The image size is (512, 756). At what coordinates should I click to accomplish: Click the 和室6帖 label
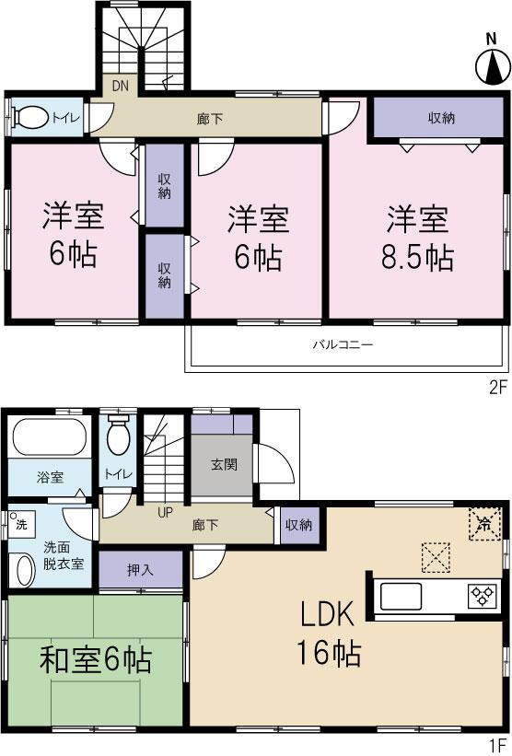[95, 659]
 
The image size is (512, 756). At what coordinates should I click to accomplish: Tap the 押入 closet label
[141, 570]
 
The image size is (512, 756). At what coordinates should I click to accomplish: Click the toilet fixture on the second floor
[32, 118]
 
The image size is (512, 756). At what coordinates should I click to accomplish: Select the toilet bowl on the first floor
[117, 438]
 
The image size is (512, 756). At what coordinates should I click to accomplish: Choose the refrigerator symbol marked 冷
[484, 524]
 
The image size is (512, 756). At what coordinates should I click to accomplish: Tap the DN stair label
[121, 86]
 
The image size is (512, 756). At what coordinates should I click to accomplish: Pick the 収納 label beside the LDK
[298, 525]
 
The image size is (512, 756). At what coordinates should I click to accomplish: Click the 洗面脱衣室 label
[64, 555]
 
